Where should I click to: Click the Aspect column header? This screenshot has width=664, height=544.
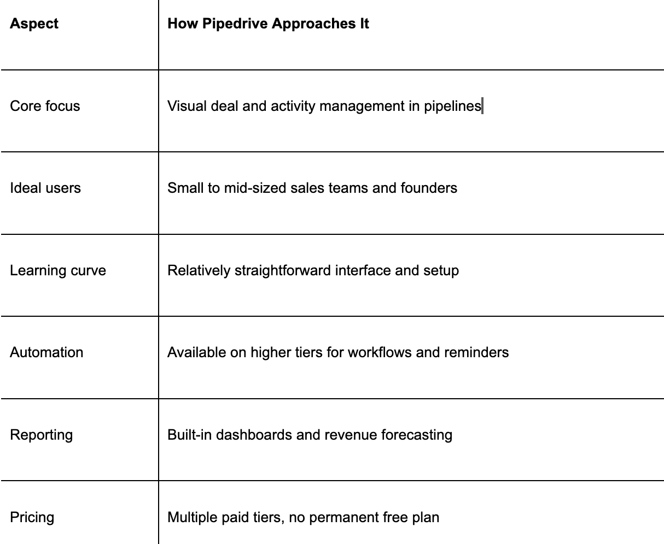(x=34, y=24)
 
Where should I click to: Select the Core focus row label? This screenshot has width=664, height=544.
(x=45, y=106)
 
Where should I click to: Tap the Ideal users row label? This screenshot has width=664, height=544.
(x=45, y=188)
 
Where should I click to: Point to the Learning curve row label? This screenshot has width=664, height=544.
(x=58, y=270)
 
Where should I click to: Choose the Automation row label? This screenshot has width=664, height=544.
(x=46, y=352)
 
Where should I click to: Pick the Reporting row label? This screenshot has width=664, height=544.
(x=41, y=435)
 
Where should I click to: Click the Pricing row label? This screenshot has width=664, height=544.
(x=32, y=517)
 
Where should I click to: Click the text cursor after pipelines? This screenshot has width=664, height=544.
(x=482, y=106)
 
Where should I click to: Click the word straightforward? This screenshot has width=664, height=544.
(x=282, y=270)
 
